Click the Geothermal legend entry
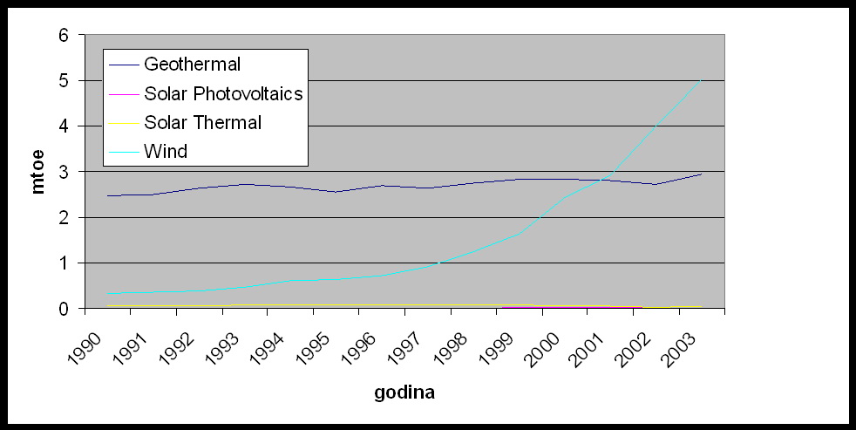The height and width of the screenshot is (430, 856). point(193,64)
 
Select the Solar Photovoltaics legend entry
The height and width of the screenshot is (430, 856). point(223,93)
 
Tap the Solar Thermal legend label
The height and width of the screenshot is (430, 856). point(202,122)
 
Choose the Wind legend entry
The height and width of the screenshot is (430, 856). point(166,151)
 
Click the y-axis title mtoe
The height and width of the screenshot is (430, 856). point(37,171)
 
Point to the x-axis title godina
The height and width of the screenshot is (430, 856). point(404,392)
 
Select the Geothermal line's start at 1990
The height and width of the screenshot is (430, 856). point(107,195)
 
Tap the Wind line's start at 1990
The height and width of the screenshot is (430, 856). point(107,294)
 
